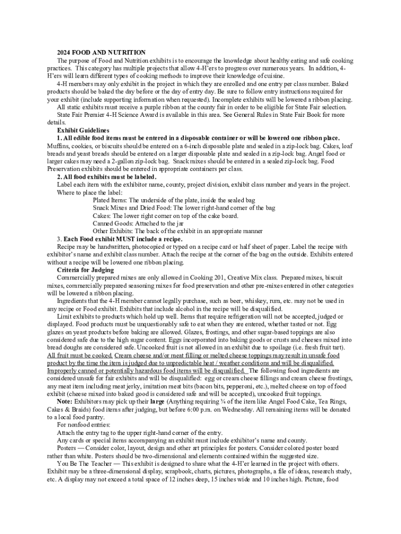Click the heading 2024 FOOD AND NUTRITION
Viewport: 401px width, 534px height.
click(x=101, y=53)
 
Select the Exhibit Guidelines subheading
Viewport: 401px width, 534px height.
click(x=83, y=130)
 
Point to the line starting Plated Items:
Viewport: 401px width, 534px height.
click(x=173, y=200)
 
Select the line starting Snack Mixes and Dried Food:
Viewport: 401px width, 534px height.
click(x=183, y=208)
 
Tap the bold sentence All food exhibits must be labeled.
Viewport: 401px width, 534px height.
click(x=107, y=177)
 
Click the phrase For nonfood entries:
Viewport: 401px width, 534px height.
click(x=83, y=425)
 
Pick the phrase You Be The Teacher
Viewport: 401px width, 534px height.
click(x=83, y=464)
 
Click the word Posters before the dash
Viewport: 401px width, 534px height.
click(x=67, y=448)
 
